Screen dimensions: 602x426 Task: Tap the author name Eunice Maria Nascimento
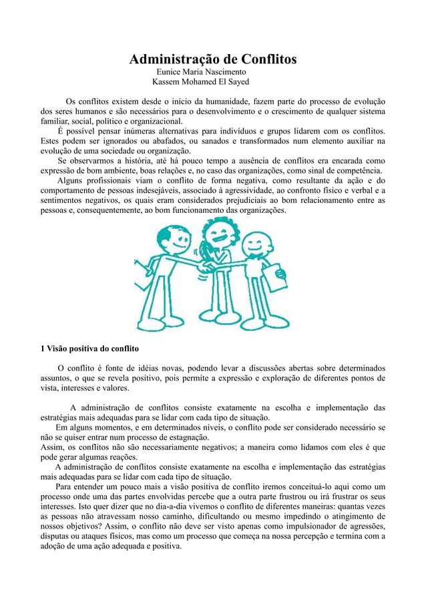(x=201, y=71)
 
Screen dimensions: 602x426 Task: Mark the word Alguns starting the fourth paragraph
(x=73, y=180)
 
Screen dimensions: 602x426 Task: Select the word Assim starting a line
(x=52, y=447)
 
